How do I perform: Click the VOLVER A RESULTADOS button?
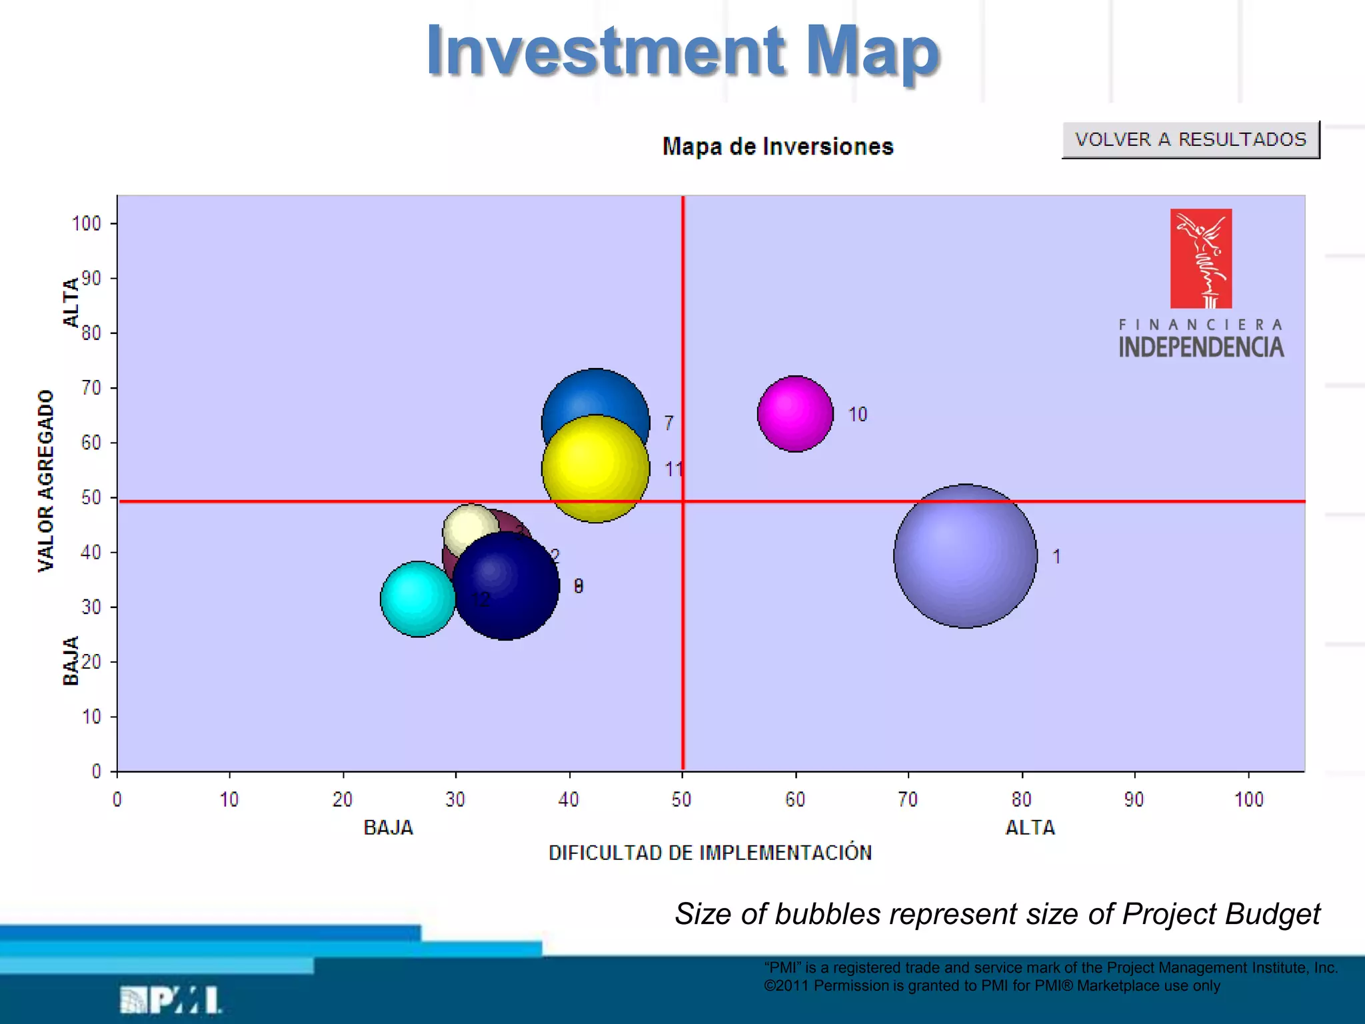[1190, 139]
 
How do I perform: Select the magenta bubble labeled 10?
[795, 414]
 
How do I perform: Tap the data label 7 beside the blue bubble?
[669, 423]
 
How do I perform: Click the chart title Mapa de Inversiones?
[778, 147]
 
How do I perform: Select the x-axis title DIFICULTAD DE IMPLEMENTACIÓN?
[710, 853]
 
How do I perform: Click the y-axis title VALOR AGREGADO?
[45, 481]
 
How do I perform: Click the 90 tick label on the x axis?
[1134, 799]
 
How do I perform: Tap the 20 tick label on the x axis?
[343, 799]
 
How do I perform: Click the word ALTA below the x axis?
[1030, 828]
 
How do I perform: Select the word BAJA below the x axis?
[388, 828]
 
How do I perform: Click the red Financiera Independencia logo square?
[1201, 259]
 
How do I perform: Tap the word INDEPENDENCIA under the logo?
[1201, 347]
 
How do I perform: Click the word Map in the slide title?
[872, 51]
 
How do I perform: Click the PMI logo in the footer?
[171, 1000]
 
